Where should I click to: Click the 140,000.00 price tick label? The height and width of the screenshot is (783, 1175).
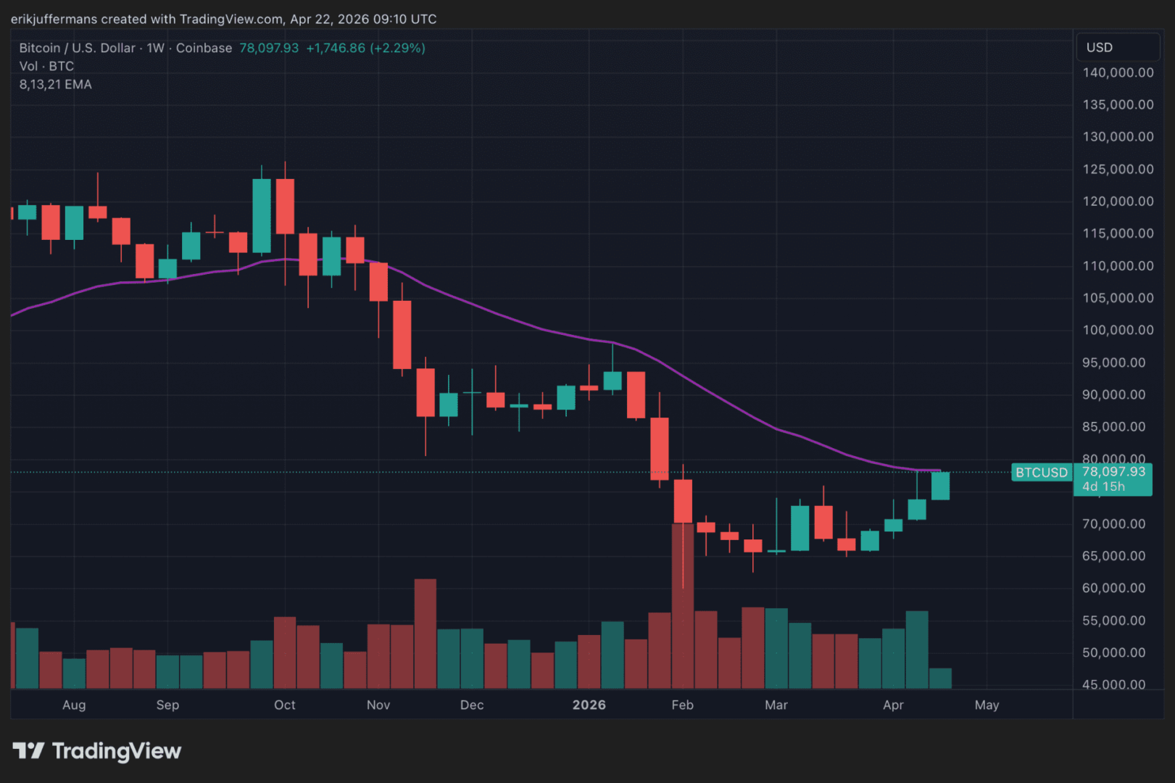click(1117, 72)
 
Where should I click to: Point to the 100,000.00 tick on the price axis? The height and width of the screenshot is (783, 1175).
click(1117, 330)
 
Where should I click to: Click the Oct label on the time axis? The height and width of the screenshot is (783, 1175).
click(285, 705)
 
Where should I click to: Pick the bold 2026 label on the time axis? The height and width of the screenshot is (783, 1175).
click(589, 705)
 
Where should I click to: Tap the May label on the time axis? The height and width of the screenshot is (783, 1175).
click(987, 705)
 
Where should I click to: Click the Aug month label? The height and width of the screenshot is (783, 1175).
click(74, 705)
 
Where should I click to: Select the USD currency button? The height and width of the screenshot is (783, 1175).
click(1099, 47)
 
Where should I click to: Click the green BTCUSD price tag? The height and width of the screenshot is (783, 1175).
click(1041, 473)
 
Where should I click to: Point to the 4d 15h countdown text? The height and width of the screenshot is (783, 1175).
click(1103, 486)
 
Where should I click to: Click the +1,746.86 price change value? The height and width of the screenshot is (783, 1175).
click(336, 48)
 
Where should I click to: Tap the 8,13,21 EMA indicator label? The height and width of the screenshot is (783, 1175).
click(55, 84)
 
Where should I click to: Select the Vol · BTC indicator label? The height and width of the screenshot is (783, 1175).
click(46, 66)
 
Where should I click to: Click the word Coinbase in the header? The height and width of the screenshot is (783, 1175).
click(204, 48)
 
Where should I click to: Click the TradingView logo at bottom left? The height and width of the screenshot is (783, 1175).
click(97, 751)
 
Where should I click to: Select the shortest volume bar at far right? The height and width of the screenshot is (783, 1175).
click(940, 679)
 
